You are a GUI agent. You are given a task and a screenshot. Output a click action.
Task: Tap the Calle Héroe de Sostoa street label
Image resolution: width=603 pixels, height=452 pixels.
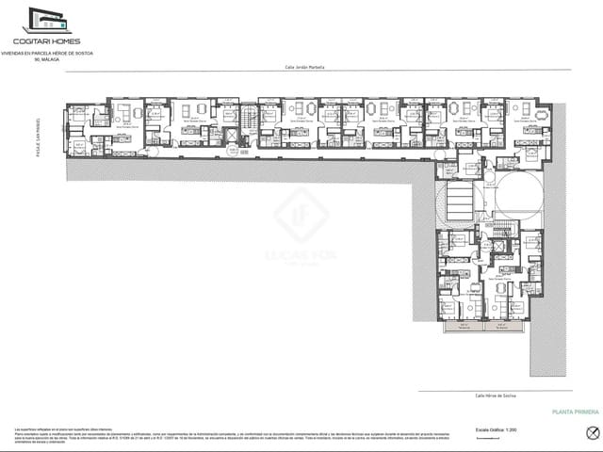[x=495, y=395]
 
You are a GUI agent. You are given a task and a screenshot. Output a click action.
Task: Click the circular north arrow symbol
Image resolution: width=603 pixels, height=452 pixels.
[x=593, y=432]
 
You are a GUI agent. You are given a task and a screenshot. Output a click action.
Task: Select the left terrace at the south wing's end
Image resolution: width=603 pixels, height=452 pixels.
[x=463, y=326]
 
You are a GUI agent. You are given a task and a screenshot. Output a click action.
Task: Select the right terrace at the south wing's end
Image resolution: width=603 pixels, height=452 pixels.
[x=505, y=326]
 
